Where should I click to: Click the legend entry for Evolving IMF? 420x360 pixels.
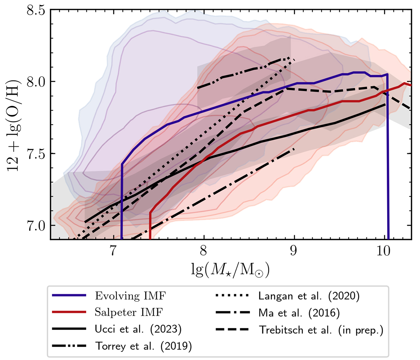click(x=131, y=296)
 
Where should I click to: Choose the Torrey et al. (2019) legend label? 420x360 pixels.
click(x=144, y=346)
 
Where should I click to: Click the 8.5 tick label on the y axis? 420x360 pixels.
click(x=36, y=10)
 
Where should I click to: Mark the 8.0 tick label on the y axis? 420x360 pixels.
click(x=36, y=82)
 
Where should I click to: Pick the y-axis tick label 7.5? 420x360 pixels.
click(x=36, y=154)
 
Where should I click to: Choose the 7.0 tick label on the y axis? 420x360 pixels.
click(x=36, y=226)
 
